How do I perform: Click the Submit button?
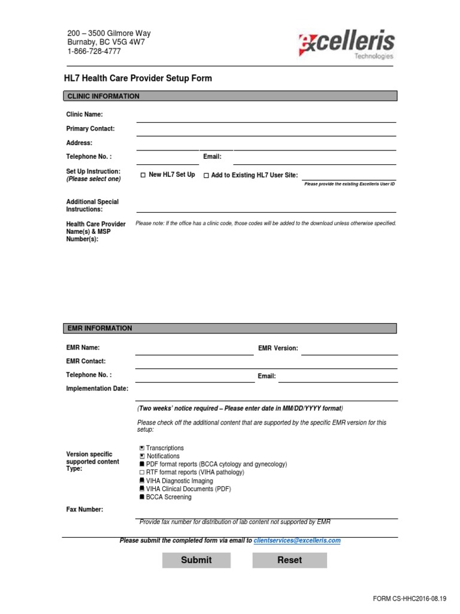click(x=196, y=560)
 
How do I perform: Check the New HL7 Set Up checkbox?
click(x=143, y=175)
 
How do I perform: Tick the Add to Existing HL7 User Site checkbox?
click(x=206, y=175)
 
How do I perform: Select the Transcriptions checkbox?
click(x=142, y=448)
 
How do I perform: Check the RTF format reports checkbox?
click(x=142, y=472)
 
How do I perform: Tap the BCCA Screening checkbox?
click(x=142, y=497)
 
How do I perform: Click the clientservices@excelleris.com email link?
click(x=297, y=540)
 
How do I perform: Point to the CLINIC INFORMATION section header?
click(x=230, y=96)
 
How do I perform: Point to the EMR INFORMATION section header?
click(x=230, y=328)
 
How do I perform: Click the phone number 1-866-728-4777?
click(x=93, y=52)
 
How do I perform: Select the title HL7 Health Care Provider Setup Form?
click(x=138, y=79)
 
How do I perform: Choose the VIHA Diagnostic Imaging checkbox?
click(x=142, y=481)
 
